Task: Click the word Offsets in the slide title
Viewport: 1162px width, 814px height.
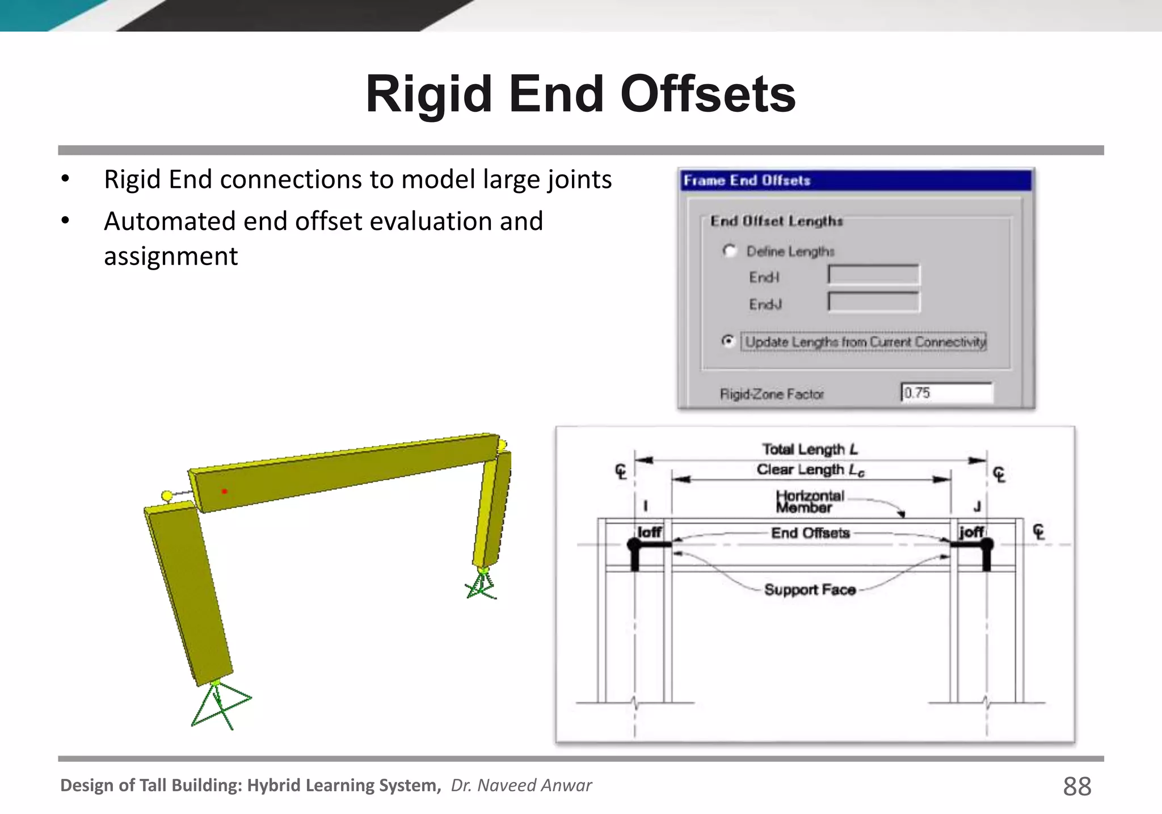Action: pyautogui.click(x=708, y=94)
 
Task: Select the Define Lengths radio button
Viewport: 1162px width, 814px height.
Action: pyautogui.click(x=730, y=250)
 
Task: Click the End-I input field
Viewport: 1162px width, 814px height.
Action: pyautogui.click(x=874, y=275)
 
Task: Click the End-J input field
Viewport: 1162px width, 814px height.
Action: pyautogui.click(x=874, y=302)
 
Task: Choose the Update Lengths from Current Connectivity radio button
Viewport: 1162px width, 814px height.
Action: pyautogui.click(x=728, y=341)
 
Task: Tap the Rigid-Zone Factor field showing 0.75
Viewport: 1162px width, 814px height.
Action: pyautogui.click(x=946, y=393)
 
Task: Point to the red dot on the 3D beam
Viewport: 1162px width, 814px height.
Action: pyautogui.click(x=224, y=491)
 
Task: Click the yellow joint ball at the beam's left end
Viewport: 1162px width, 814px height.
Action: pyautogui.click(x=167, y=496)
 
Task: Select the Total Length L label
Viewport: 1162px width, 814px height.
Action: pyautogui.click(x=810, y=449)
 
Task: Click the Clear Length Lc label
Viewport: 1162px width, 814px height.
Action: pyautogui.click(x=810, y=469)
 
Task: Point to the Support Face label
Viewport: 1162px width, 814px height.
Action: pyautogui.click(x=810, y=590)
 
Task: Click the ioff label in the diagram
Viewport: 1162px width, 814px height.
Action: pyautogui.click(x=649, y=532)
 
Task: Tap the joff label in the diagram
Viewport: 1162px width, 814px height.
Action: pyautogui.click(x=971, y=532)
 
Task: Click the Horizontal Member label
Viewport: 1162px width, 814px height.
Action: pyautogui.click(x=810, y=502)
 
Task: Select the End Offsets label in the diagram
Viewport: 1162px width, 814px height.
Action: pyautogui.click(x=810, y=533)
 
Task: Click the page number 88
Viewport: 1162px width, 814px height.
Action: pyautogui.click(x=1076, y=786)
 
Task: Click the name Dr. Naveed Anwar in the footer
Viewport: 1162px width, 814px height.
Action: pyautogui.click(x=521, y=785)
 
